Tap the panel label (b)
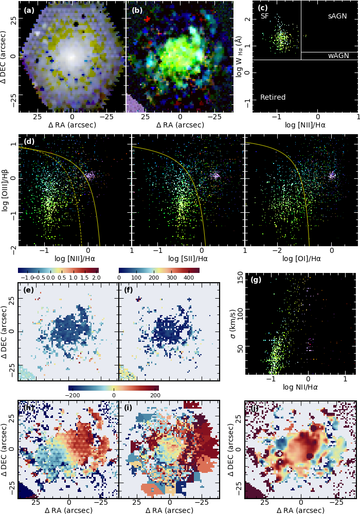[137, 10]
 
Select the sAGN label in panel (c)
[337, 16]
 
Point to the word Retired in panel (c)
[273, 97]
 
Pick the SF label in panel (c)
[265, 16]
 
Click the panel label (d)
[29, 141]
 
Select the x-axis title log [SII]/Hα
[188, 259]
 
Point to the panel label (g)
[256, 280]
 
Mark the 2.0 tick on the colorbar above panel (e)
[96, 277]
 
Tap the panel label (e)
[29, 289]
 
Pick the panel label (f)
[129, 289]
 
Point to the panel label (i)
[129, 408]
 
